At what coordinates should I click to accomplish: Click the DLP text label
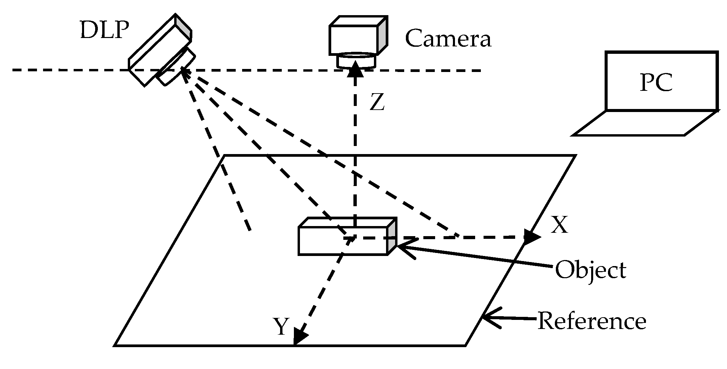pyautogui.click(x=105, y=31)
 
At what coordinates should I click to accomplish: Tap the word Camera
pyautogui.click(x=448, y=39)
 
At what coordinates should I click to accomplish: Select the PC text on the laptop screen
pyautogui.click(x=656, y=82)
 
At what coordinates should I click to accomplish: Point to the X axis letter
pyautogui.click(x=559, y=225)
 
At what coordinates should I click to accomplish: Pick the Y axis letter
pyautogui.click(x=281, y=326)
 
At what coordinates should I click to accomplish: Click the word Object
pyautogui.click(x=590, y=270)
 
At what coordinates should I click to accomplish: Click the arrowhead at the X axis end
pyautogui.click(x=532, y=237)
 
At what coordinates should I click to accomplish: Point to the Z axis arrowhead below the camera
pyautogui.click(x=355, y=70)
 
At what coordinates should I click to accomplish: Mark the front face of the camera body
pyautogui.click(x=353, y=40)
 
